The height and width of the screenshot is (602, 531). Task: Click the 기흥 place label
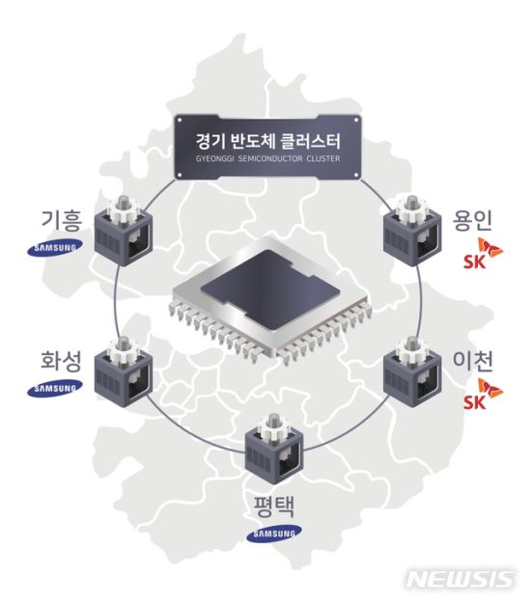coord(62,220)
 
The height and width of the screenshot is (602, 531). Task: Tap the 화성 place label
coord(62,361)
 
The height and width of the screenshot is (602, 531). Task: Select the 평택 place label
coord(274,506)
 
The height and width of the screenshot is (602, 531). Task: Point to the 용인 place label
coord(473,220)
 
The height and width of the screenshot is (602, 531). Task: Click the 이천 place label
coord(473,361)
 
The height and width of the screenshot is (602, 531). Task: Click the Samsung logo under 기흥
coord(55,248)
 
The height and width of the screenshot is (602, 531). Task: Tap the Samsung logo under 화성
coord(55,388)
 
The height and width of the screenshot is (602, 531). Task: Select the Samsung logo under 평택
coord(274,534)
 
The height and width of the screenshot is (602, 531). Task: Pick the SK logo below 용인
coord(483,253)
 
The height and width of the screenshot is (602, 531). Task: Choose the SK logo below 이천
coord(483,394)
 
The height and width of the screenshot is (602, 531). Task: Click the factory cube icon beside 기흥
coord(124,231)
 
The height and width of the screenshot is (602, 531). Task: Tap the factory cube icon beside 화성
coord(124,371)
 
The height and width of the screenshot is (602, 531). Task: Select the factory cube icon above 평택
coord(274,449)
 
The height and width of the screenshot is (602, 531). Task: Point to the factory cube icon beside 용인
coord(412,231)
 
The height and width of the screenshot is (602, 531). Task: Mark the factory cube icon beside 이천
coord(412,371)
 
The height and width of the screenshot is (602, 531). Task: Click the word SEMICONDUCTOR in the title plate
coord(270,158)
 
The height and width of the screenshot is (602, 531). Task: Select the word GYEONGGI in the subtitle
coord(214,158)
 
